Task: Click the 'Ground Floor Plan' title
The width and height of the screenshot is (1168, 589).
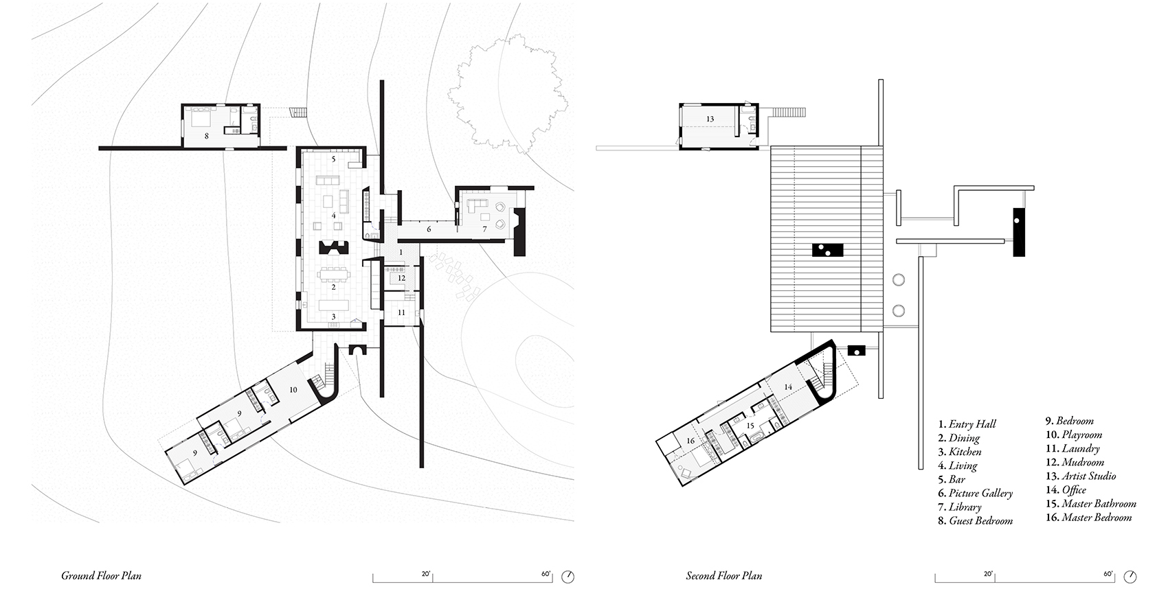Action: coord(101,575)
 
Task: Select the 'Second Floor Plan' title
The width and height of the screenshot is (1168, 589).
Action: coord(723,575)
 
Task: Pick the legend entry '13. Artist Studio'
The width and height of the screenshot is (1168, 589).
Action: coord(1080,476)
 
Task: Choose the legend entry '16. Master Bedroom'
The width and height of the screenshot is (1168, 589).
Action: coord(1089,517)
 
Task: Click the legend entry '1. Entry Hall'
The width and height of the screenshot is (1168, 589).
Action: coord(967,424)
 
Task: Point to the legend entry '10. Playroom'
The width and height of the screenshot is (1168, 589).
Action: coord(1074,435)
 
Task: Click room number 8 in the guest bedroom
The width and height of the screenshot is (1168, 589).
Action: coord(207,136)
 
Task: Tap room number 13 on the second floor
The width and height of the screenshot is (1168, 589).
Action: coord(710,119)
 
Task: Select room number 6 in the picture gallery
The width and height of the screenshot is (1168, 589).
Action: coord(429,229)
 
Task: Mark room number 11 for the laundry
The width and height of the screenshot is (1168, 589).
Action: coord(401,312)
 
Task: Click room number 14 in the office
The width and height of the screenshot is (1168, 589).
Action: coord(788,386)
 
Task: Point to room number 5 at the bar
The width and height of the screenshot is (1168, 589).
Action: coord(334,159)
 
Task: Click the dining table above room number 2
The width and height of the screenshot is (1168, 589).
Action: coord(334,273)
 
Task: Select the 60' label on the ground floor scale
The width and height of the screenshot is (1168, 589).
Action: coord(546,574)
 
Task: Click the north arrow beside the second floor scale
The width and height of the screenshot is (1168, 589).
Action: coord(1130,577)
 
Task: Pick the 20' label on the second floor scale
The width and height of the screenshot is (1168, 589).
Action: coord(988,574)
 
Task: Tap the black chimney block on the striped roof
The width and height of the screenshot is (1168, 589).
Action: coord(827,251)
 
